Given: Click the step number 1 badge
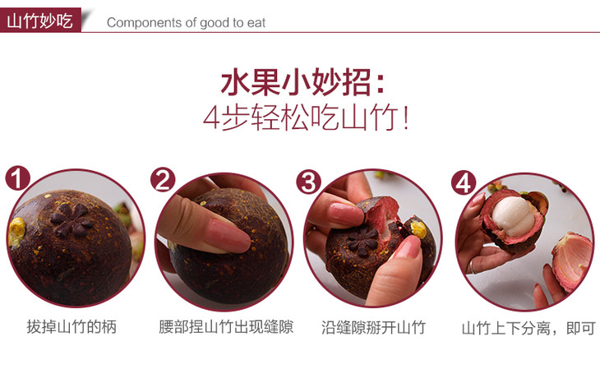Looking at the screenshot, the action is (x=17, y=178).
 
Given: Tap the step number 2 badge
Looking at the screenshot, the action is (x=163, y=180).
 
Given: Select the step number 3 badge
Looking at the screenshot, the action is (x=308, y=182).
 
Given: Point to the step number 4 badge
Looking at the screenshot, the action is (x=464, y=182).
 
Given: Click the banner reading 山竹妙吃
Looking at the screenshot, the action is (x=40, y=20).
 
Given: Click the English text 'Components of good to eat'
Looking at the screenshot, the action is (x=186, y=22).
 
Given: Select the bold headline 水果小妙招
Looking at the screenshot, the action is (x=302, y=82).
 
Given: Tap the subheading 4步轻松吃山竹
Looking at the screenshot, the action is (x=306, y=118).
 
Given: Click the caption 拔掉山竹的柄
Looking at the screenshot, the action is (x=72, y=327).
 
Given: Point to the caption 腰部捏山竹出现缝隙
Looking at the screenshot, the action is (x=226, y=327).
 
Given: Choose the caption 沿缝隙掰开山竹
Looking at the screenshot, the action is (x=373, y=328).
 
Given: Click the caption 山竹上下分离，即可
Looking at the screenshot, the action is (x=528, y=329).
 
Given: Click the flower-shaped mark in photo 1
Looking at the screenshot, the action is (x=72, y=219).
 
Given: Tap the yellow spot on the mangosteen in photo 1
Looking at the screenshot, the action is (x=16, y=232).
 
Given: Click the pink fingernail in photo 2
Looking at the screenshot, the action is (x=227, y=235).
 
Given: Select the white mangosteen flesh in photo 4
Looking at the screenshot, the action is (x=513, y=216).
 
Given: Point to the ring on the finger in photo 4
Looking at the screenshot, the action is (x=473, y=266).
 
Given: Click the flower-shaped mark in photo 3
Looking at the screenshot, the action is (x=362, y=239).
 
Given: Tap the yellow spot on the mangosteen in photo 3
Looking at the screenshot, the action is (x=418, y=229).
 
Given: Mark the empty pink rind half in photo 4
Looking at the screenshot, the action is (x=572, y=261).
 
